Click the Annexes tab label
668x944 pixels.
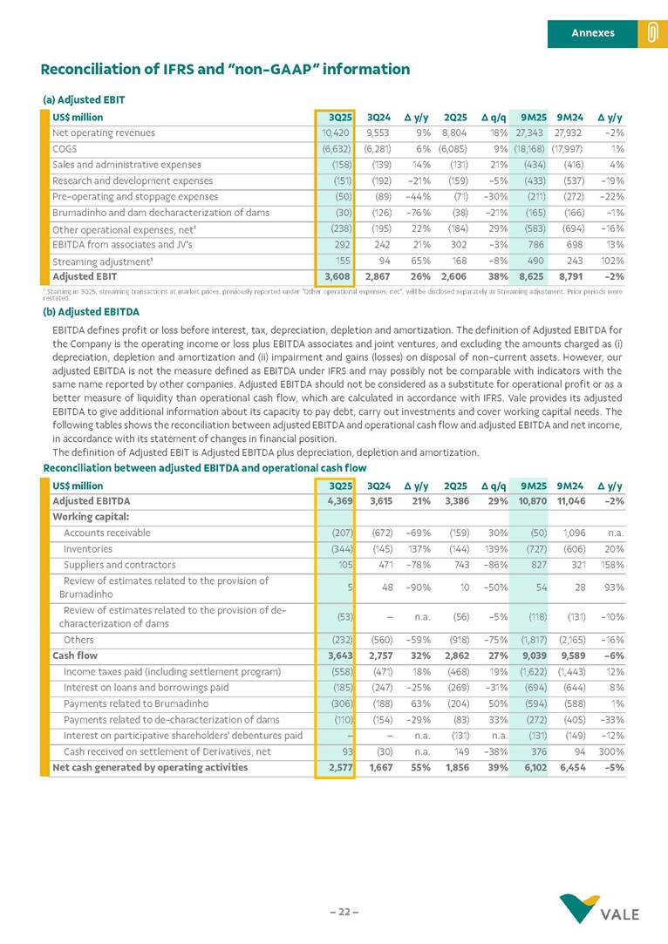[x=592, y=33]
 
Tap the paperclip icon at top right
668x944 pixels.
[x=651, y=33]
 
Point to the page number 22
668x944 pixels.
[x=344, y=912]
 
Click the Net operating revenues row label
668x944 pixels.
[x=104, y=133]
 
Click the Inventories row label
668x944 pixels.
[x=88, y=548]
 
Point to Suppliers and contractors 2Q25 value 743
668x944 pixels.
[x=460, y=564]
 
